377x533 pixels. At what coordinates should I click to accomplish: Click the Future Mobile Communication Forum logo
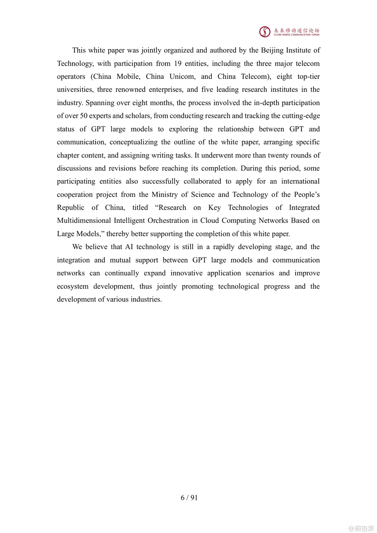289,32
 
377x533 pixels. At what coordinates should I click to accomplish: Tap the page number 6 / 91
189,497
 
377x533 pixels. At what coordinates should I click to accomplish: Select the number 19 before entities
178,64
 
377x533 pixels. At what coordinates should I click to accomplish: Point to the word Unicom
182,77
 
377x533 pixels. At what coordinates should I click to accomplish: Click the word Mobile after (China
128,77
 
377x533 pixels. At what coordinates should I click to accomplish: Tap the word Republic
71,208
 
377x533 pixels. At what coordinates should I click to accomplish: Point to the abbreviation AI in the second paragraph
129,247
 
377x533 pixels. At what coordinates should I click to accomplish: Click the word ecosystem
72,286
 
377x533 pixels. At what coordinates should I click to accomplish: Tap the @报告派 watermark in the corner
361,528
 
